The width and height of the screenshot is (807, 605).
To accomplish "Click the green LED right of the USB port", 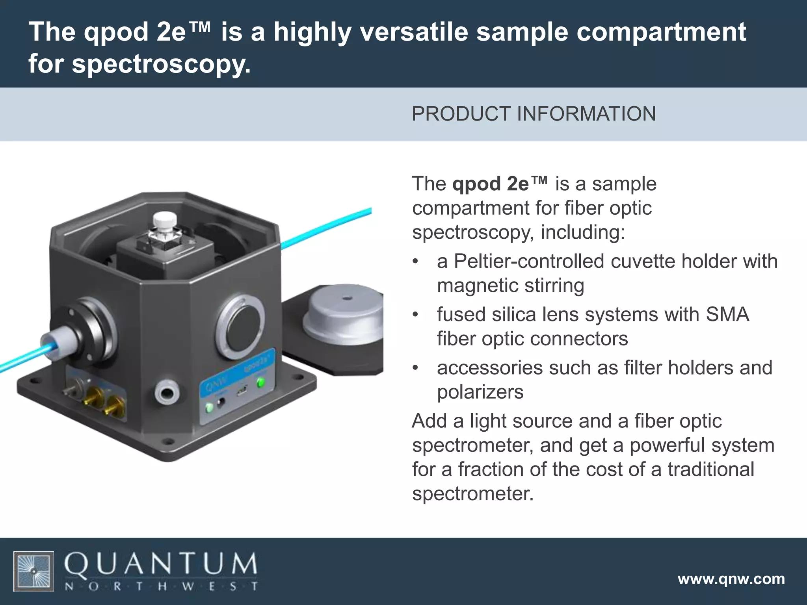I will (260, 382).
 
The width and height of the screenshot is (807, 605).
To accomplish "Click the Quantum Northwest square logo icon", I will (34, 571).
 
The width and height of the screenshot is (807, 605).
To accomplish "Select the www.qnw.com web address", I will (731, 579).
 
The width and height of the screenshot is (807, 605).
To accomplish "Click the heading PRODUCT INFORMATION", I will (534, 114).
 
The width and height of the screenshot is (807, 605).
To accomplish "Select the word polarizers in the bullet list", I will (480, 392).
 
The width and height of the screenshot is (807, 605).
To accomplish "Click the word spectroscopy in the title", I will (161, 64).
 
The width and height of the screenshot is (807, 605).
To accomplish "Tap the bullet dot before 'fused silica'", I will (415, 315).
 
